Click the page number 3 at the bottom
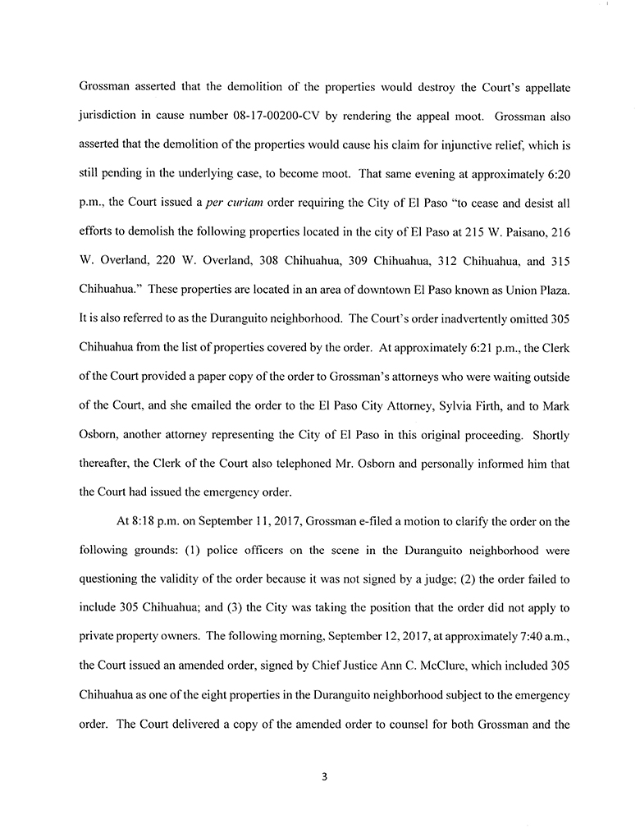(x=325, y=777)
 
